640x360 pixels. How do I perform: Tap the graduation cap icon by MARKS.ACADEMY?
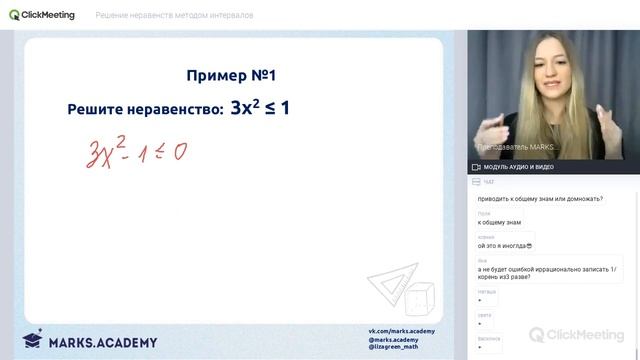click(x=32, y=340)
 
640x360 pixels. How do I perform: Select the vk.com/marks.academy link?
click(x=402, y=331)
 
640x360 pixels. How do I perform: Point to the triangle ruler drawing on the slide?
click(x=386, y=289)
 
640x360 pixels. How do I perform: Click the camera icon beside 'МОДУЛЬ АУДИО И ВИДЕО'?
click(x=476, y=167)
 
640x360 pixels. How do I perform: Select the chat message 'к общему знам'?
click(x=500, y=222)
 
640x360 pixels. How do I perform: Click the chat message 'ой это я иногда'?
click(x=505, y=246)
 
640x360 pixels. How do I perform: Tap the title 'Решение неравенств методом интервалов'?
click(x=174, y=15)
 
